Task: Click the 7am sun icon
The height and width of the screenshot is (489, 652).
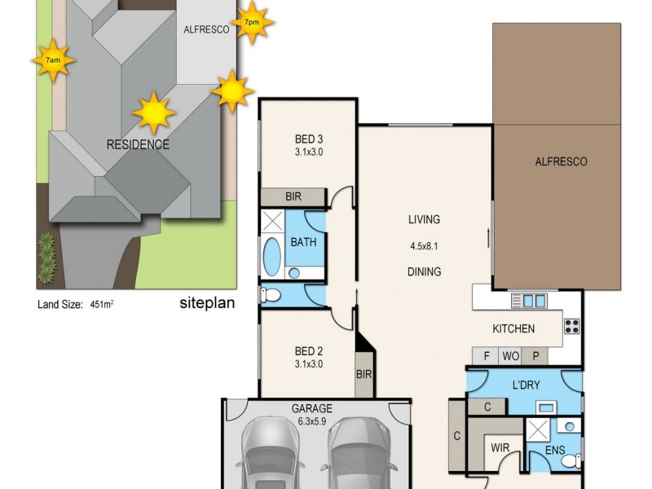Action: click(x=52, y=61)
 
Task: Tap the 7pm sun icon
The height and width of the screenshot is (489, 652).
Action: click(x=251, y=22)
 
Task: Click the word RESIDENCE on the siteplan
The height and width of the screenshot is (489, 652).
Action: click(x=138, y=145)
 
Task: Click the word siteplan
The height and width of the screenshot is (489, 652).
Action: click(x=207, y=304)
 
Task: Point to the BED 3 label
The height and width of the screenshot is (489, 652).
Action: click(x=309, y=138)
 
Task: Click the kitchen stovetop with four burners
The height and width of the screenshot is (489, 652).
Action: click(x=572, y=326)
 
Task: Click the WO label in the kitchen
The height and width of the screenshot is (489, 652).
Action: click(x=511, y=355)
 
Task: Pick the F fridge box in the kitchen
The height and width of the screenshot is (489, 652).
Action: click(x=487, y=355)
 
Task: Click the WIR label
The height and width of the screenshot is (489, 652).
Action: click(x=499, y=448)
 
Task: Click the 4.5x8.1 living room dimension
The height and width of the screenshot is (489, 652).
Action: click(x=425, y=245)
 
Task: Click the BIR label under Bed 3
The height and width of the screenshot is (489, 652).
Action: click(x=293, y=197)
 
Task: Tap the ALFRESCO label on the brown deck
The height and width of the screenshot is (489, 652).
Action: click(x=560, y=161)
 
